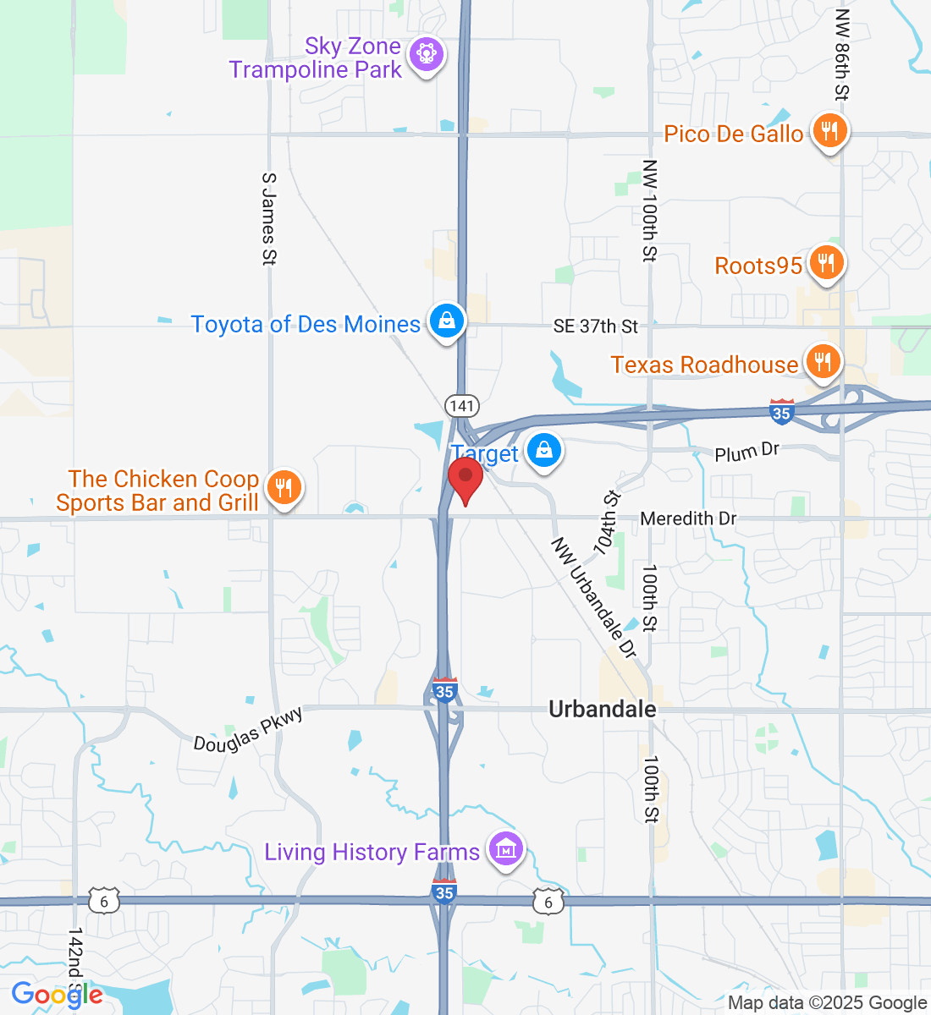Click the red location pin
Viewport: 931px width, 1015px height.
465,479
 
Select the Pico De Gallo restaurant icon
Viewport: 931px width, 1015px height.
829,132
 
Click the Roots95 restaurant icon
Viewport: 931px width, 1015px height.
825,263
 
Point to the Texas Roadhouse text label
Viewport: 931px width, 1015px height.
704,365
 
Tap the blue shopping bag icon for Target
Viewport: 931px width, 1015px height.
544,450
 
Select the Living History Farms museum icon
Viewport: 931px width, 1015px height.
505,848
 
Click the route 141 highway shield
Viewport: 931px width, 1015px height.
462,406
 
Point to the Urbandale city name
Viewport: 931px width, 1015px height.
602,709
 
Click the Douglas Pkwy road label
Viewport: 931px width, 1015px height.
248,730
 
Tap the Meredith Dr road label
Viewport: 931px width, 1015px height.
688,518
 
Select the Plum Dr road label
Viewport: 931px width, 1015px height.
746,453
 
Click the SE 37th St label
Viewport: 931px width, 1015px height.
596,326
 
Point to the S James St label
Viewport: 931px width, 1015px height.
269,219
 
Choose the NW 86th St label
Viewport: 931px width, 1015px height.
841,55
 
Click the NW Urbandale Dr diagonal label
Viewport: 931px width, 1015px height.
593,597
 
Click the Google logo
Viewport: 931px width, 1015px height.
57,995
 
